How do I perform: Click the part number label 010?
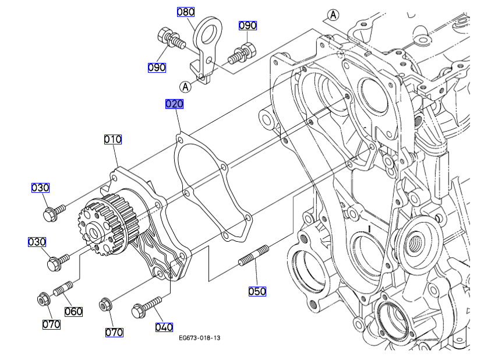[x=113, y=139]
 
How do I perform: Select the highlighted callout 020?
[x=174, y=104]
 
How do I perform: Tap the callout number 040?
[x=164, y=327]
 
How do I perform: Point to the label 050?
[x=257, y=291]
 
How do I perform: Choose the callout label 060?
[x=73, y=312]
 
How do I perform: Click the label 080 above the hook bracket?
[x=186, y=12]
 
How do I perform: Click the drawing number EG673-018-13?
[x=200, y=338]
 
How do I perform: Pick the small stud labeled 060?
[x=63, y=288]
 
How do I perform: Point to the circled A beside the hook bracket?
[x=186, y=87]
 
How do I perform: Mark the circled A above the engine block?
[x=333, y=15]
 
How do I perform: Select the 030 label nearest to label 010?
[x=40, y=188]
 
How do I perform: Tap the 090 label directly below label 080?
[x=157, y=67]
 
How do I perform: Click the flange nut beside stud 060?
[x=43, y=300]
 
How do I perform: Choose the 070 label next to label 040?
[x=114, y=332]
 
